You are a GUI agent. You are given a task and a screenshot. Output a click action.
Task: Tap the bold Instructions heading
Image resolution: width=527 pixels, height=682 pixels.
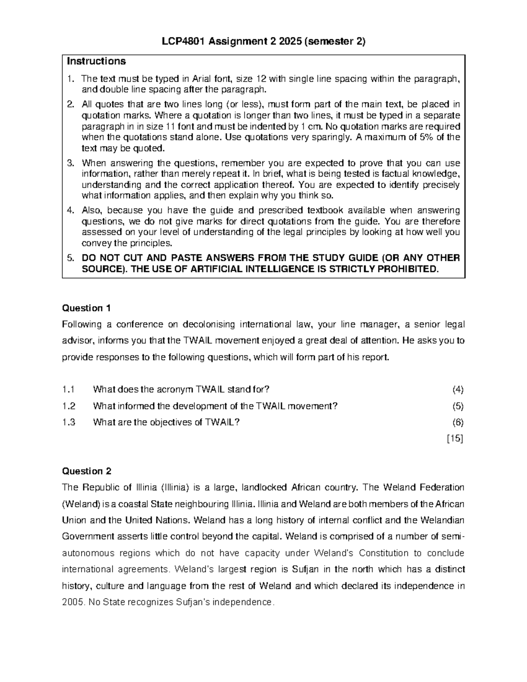click(96, 61)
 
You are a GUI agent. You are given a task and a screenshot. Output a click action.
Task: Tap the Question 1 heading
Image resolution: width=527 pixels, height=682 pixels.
click(87, 308)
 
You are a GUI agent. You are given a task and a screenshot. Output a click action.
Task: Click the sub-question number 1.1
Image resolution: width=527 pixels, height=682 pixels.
click(69, 390)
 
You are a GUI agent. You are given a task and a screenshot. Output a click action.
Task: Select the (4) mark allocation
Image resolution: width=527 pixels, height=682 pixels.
click(458, 390)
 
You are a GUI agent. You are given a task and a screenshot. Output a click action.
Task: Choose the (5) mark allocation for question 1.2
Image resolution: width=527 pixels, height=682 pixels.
click(458, 406)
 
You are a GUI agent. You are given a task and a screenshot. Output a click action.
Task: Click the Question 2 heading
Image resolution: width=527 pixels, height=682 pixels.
click(87, 471)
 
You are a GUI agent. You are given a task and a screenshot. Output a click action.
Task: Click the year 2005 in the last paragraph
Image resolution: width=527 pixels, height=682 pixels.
click(72, 602)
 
